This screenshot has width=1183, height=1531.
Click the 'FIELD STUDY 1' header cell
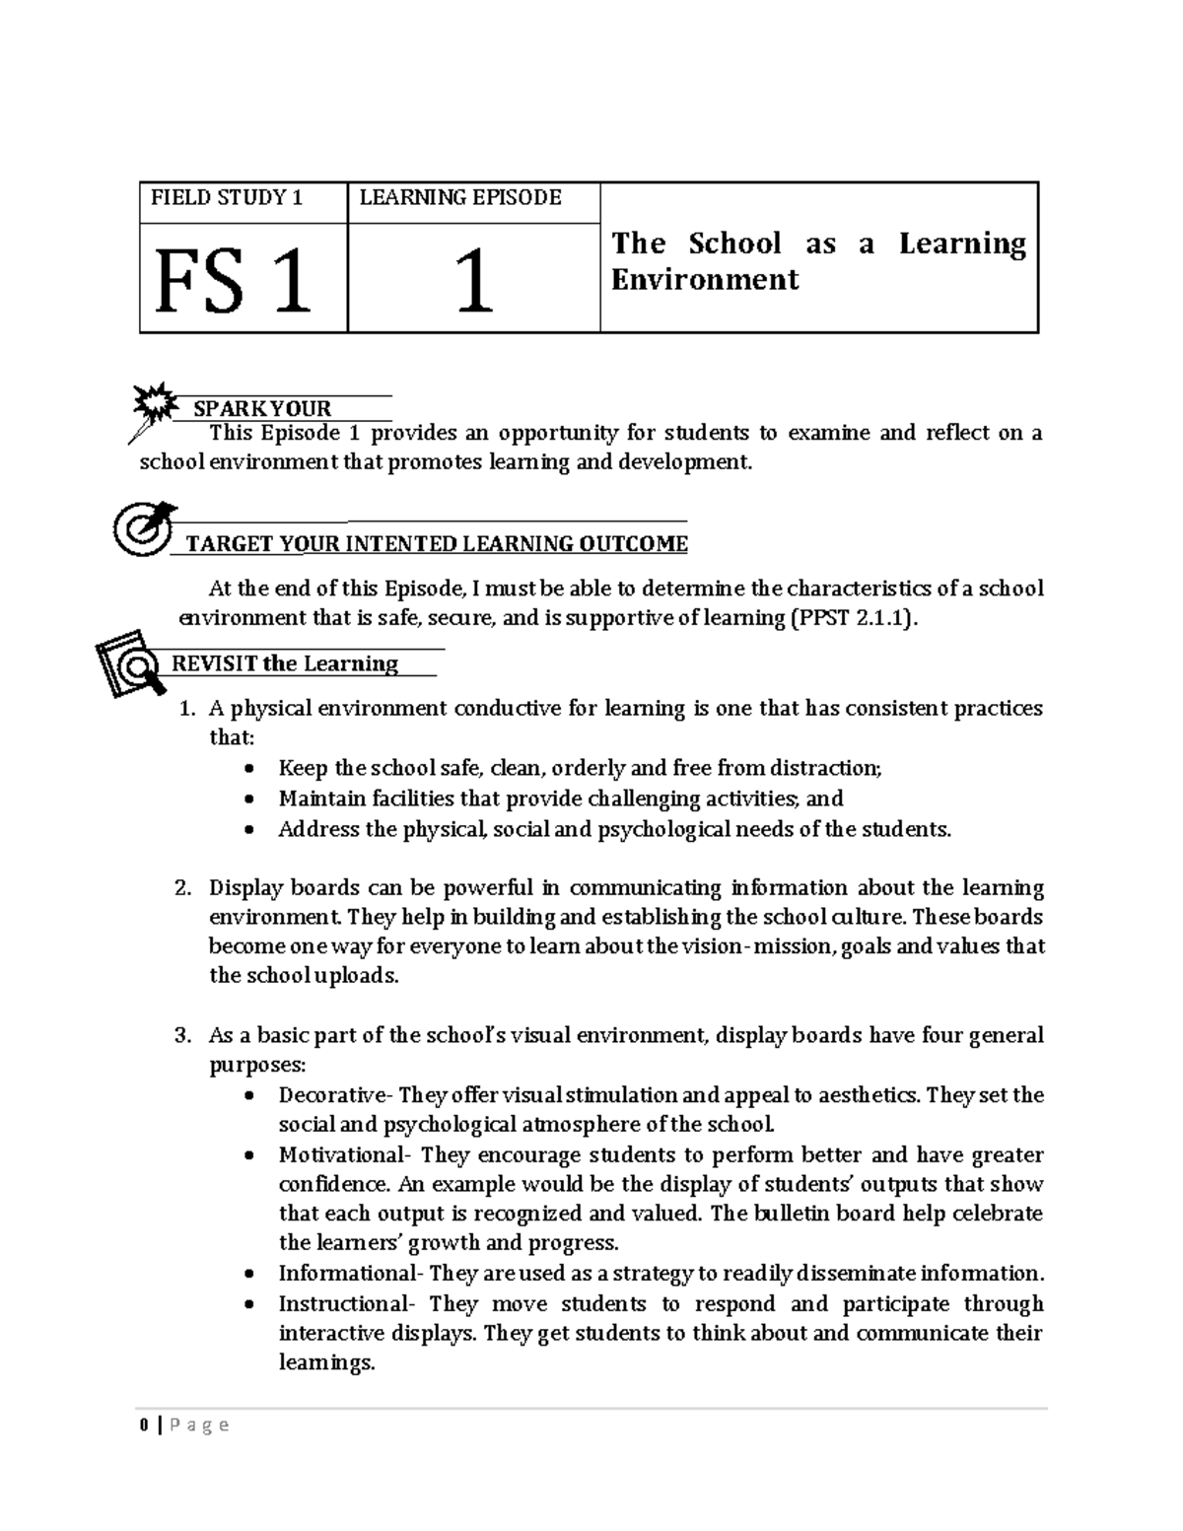(x=226, y=198)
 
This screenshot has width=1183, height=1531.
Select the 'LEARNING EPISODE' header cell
(x=459, y=198)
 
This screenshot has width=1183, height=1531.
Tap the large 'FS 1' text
(x=233, y=283)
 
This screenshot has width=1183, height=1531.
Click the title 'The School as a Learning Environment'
(x=817, y=261)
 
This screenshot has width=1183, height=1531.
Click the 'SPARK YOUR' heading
(x=261, y=408)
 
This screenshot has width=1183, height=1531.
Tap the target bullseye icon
(x=142, y=528)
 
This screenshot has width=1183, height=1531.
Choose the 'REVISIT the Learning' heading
(x=285, y=663)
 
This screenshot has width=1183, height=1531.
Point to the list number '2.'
(x=182, y=888)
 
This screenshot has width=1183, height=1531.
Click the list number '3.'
(x=182, y=1036)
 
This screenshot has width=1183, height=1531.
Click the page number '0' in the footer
(x=144, y=1425)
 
